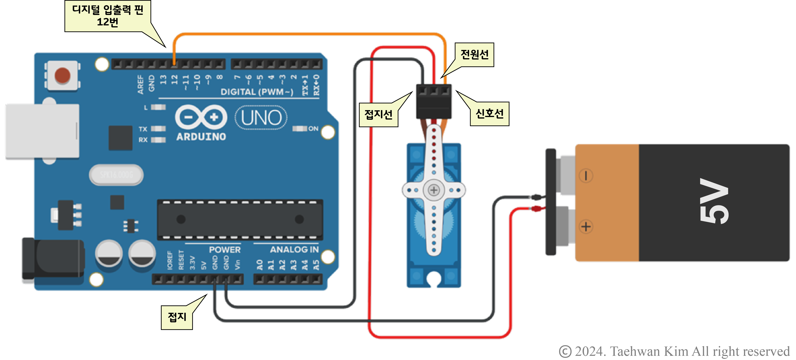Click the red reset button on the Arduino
62,75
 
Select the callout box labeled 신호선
489,114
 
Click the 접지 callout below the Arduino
177,317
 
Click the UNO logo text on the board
261,118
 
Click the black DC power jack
52,258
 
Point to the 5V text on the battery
714,201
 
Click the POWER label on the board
225,250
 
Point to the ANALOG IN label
294,250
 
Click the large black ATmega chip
240,219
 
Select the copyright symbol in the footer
565,352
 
